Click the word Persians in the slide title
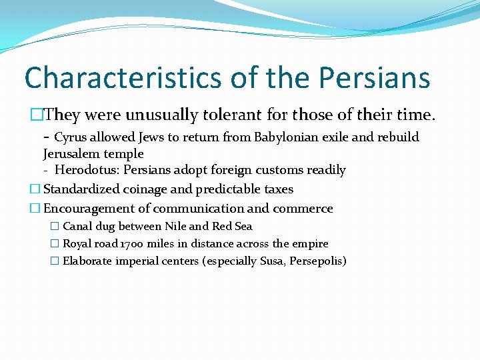click(x=374, y=77)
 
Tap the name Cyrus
click(x=71, y=137)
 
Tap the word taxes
click(x=277, y=189)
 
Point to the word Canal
click(x=77, y=227)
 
